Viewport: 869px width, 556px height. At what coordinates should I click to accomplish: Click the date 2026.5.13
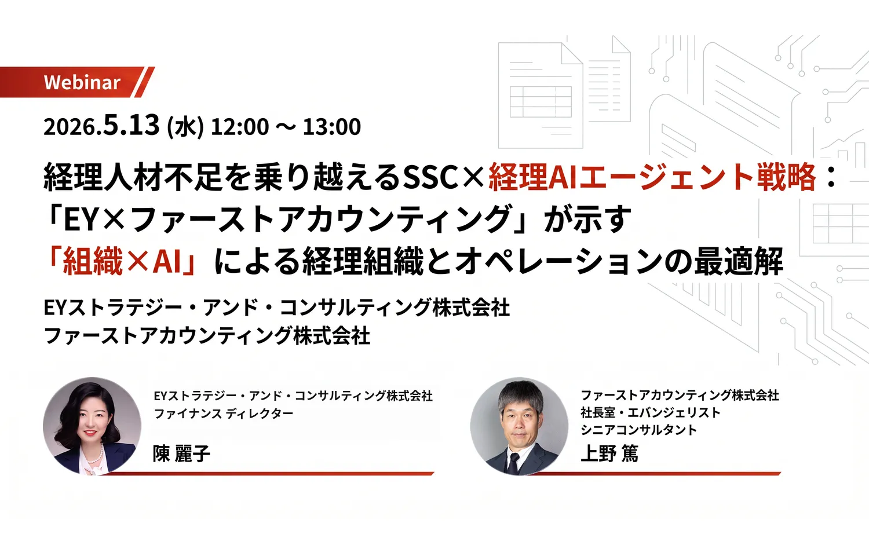pyautogui.click(x=101, y=126)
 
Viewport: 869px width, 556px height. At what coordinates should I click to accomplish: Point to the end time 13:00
pyautogui.click(x=332, y=127)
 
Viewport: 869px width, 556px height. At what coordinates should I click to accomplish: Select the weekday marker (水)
pyautogui.click(x=185, y=127)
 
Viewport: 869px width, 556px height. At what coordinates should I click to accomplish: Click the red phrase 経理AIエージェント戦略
pyautogui.click(x=652, y=177)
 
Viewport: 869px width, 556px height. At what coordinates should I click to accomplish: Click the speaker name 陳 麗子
pyautogui.click(x=181, y=453)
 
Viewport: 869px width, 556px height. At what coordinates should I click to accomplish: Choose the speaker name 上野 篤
pyautogui.click(x=609, y=453)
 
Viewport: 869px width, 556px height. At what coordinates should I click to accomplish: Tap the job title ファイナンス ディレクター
pyautogui.click(x=224, y=414)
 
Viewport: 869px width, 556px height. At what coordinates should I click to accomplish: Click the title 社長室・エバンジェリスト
pyautogui.click(x=651, y=412)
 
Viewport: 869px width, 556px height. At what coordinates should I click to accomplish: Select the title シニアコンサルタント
pyautogui.click(x=638, y=430)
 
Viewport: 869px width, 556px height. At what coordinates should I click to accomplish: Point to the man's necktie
pyautogui.click(x=513, y=462)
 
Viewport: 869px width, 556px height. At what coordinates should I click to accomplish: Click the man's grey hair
pyautogui.click(x=520, y=393)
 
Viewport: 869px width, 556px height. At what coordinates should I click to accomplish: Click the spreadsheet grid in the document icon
pyautogui.click(x=541, y=102)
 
